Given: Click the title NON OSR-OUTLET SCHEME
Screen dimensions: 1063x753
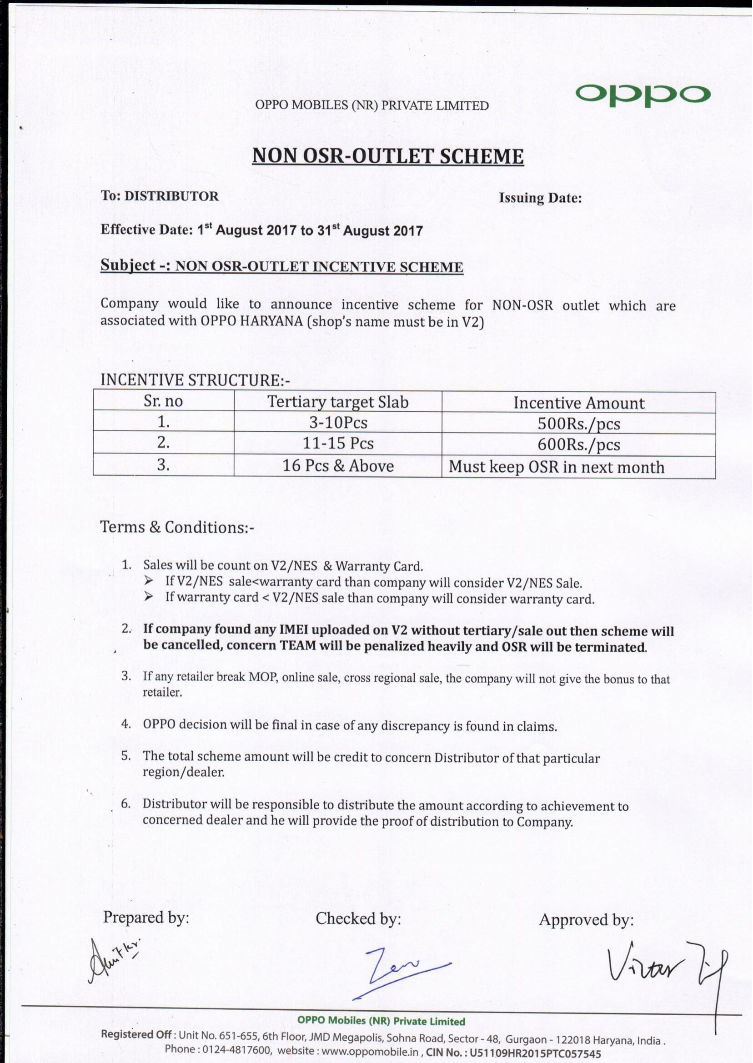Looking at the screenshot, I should (387, 156).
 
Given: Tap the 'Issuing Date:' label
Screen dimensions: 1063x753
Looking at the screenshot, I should (540, 198).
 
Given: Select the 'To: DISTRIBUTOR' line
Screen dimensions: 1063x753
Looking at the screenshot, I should (160, 196).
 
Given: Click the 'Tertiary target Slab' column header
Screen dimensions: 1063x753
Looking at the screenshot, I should (337, 402).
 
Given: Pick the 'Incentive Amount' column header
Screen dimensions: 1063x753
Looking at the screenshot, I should (579, 403).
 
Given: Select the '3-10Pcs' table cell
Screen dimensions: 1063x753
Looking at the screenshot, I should (338, 423).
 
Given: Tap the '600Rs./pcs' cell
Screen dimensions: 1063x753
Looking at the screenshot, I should (579, 445).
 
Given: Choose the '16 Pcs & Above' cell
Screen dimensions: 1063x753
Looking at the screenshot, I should (338, 466).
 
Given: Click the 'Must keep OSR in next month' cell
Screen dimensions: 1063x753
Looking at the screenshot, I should (556, 467).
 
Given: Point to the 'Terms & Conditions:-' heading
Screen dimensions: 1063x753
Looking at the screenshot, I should (177, 527).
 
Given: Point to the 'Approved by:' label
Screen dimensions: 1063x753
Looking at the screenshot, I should (586, 920).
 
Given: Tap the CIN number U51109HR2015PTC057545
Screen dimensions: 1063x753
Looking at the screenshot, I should (535, 1052).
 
